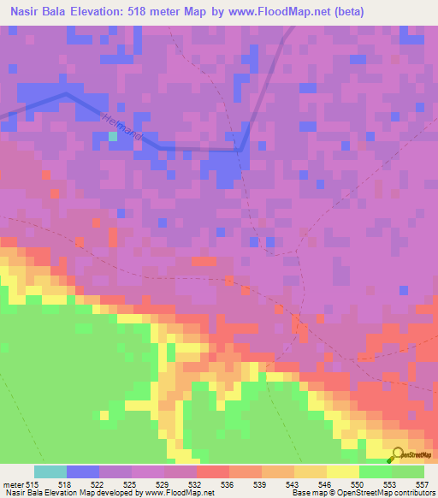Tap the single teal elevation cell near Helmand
[x=113, y=136]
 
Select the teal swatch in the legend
[x=50, y=471]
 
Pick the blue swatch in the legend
[x=83, y=471]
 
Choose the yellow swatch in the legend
[x=342, y=471]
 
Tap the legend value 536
[x=228, y=484]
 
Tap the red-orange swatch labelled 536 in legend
[x=213, y=471]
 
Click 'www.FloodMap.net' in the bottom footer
[x=178, y=494]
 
